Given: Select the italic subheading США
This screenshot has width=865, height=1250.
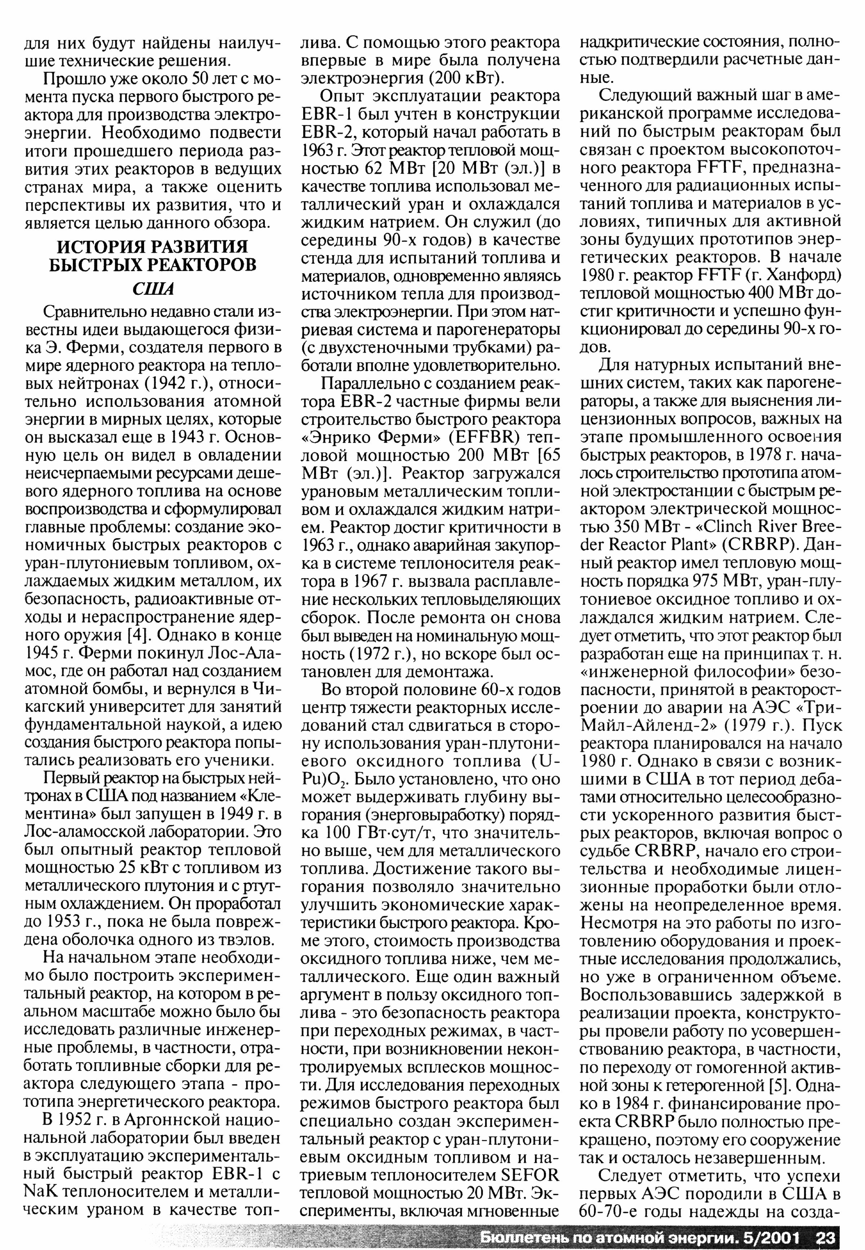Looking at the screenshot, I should click(x=153, y=289).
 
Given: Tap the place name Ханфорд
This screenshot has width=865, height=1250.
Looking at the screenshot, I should click(x=805, y=276).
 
